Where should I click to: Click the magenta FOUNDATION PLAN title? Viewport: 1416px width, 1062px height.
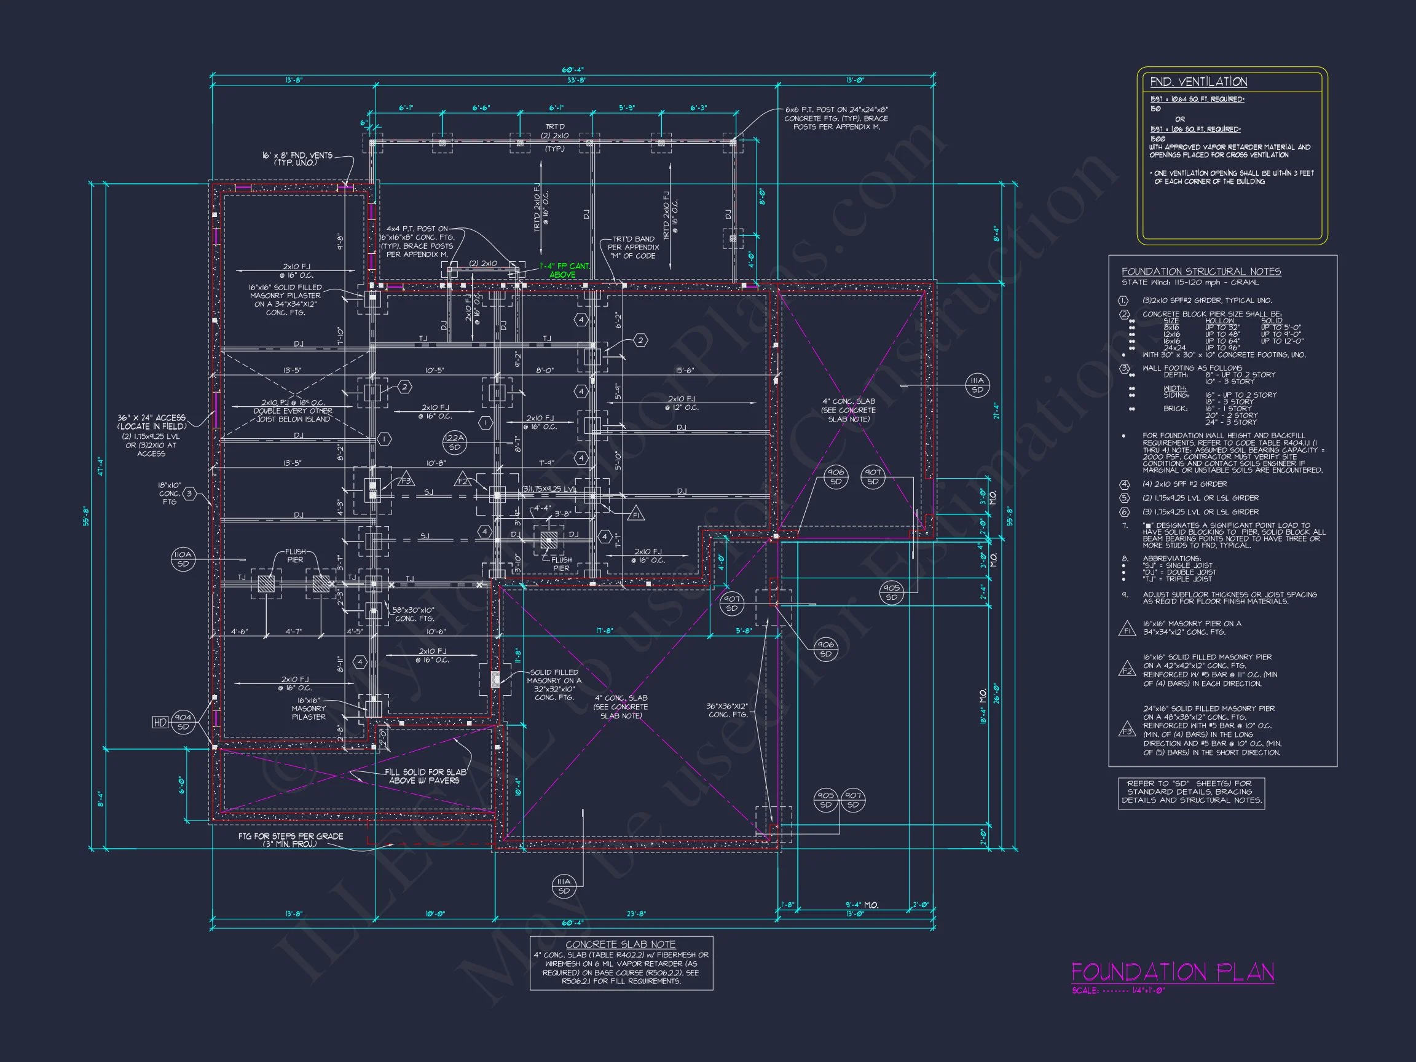coord(1172,972)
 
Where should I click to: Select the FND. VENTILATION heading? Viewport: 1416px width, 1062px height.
coord(1198,82)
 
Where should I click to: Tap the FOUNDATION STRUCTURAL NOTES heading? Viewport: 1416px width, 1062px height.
coord(1201,272)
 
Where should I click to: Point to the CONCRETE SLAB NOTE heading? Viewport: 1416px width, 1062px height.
coord(620,944)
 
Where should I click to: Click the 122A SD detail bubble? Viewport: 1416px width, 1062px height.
coord(455,442)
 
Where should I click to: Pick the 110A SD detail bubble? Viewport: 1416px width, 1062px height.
coord(183,559)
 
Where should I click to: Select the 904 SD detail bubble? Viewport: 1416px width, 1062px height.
coord(183,722)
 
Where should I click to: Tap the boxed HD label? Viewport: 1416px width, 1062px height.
coord(160,723)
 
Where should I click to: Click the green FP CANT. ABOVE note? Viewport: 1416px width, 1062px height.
coord(564,270)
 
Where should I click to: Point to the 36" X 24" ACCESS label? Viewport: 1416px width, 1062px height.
coord(152,422)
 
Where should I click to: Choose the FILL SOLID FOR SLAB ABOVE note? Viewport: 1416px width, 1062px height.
coord(426,776)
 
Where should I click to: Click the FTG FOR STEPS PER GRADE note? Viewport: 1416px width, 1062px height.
coord(291,840)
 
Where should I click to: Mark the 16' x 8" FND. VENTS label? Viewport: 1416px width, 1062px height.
coord(297,159)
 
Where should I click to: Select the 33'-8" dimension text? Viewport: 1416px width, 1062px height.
coord(576,81)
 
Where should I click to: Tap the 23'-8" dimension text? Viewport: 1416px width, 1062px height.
coord(635,914)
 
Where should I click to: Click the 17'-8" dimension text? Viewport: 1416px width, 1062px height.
coord(604,631)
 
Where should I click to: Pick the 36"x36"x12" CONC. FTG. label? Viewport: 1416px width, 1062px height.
coord(726,710)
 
